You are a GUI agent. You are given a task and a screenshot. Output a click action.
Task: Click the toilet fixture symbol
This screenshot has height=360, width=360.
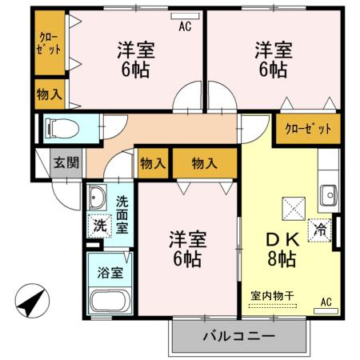click(62, 129)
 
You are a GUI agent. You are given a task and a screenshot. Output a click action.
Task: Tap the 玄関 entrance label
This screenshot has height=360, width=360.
click(66, 162)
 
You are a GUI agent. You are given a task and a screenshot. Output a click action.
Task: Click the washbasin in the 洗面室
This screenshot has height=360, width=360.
click(98, 198)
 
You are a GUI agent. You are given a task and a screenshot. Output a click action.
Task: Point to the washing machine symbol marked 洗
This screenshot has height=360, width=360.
click(100, 226)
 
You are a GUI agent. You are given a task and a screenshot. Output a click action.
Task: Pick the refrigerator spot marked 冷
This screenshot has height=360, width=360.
click(320, 230)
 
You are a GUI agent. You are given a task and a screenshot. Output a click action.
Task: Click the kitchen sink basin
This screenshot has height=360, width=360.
click(329, 195)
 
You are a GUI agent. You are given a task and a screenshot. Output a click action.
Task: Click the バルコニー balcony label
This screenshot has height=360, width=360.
click(239, 336)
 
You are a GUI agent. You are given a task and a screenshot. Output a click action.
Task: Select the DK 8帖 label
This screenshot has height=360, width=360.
click(282, 249)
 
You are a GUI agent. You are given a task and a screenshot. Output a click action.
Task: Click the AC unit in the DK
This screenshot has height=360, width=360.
click(326, 311)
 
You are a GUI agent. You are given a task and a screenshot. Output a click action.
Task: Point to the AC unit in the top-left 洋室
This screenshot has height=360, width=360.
click(185, 16)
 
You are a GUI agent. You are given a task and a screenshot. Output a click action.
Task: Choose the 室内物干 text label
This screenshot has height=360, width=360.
click(272, 296)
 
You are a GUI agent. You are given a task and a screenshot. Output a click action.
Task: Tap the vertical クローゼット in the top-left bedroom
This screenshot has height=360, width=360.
click(50, 42)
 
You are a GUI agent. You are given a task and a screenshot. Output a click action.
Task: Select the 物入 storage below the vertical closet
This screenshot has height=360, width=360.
click(50, 94)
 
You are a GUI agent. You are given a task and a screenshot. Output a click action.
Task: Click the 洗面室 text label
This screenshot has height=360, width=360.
click(122, 215)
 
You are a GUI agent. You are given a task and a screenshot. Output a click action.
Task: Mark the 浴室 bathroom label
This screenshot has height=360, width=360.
click(110, 273)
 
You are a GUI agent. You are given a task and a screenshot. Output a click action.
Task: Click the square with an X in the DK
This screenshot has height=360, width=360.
click(294, 209)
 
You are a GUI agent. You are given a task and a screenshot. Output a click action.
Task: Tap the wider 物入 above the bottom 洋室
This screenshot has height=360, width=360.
click(205, 163)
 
